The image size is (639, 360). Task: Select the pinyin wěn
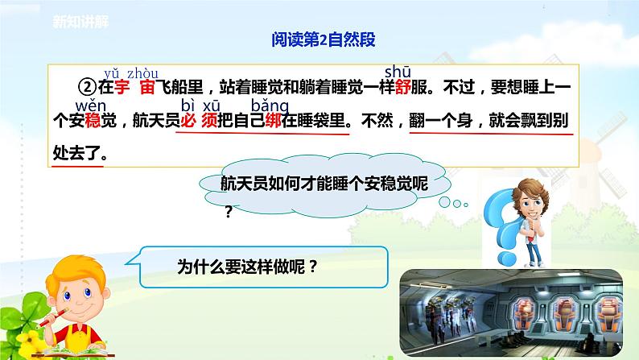(88, 106)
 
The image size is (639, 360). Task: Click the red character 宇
(122, 89)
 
